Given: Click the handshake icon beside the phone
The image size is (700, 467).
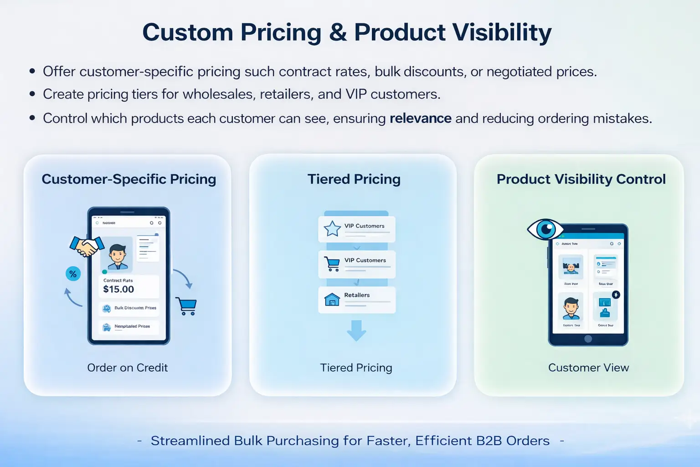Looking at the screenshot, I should [87, 247].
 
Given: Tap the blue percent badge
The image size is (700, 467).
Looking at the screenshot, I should [73, 274].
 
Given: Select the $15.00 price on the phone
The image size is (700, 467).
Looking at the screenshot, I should [118, 289].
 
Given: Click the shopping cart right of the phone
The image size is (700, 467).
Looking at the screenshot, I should [186, 306].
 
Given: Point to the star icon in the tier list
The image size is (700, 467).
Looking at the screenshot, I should [332, 228].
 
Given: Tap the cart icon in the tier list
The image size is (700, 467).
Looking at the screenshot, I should [332, 264].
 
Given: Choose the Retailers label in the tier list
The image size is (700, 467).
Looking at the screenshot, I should [357, 295].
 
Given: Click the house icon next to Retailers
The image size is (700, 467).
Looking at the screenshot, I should [332, 299].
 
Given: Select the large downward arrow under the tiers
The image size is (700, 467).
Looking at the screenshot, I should [356, 331].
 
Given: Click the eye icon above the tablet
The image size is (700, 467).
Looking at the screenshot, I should [545, 229].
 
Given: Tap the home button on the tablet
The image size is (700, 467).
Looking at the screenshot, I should [588, 339].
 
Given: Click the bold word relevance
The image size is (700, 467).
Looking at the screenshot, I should [420, 119].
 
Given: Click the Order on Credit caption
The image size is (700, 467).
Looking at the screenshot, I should [128, 368].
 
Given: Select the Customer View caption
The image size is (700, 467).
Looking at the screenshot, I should [588, 368].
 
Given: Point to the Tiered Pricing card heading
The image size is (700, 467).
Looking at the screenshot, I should [354, 179].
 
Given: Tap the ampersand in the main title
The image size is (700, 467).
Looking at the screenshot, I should [338, 33].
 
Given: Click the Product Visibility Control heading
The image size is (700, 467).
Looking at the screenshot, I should [581, 179].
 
